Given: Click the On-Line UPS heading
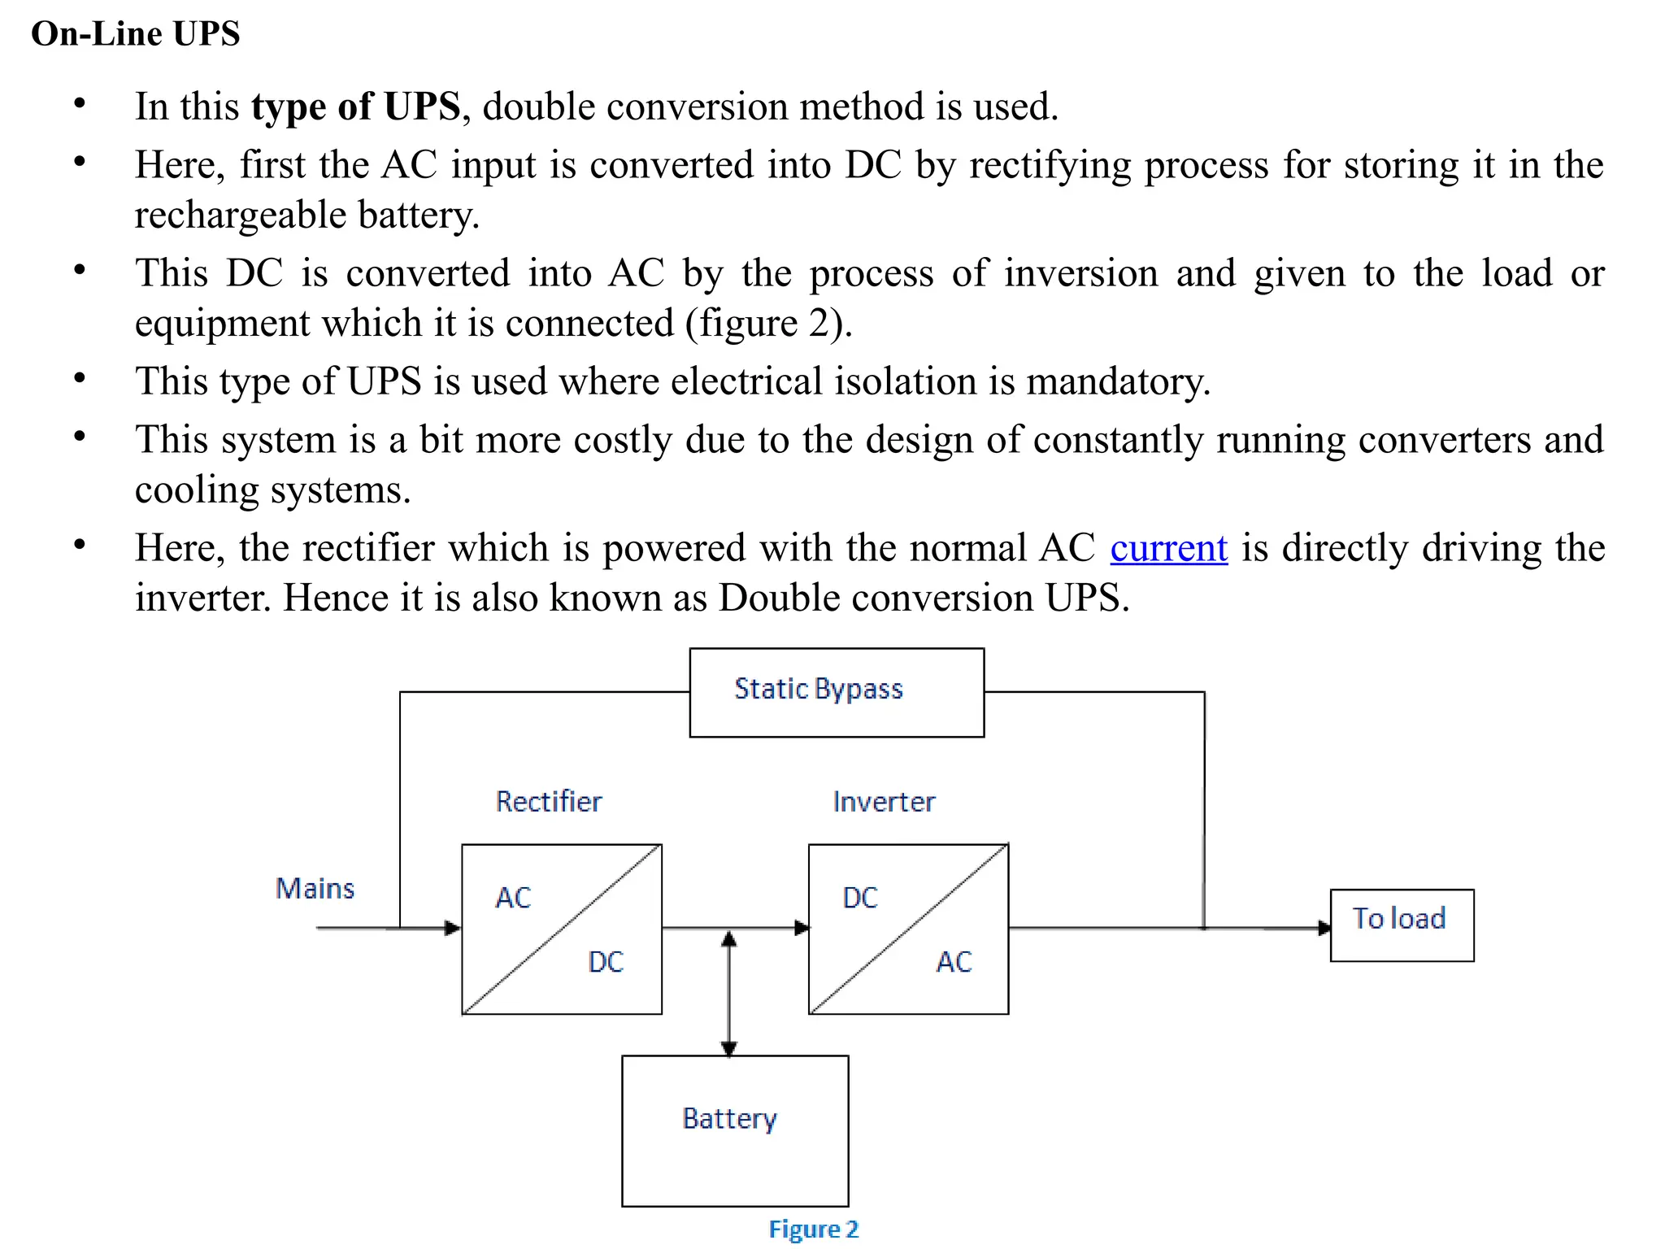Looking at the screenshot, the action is [135, 34].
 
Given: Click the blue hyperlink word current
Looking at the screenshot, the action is [1168, 548].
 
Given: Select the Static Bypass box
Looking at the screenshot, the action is [836, 692].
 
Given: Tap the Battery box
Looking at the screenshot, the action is [734, 1129].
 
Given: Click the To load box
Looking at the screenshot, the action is [1401, 925].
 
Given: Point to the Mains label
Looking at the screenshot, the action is [315, 888].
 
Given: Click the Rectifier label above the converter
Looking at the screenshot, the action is [549, 802].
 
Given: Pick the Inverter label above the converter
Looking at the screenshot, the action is [884, 802].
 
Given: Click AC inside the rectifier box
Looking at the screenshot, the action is [513, 898].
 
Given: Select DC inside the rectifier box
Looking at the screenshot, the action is [606, 962].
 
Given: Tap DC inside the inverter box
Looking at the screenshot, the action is [860, 898].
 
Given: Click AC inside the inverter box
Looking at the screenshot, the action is [954, 962].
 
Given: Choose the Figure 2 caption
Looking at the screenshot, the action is [813, 1229].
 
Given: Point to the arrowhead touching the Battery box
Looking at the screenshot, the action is [729, 1048].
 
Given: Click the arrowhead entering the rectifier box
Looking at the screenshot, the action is [453, 928].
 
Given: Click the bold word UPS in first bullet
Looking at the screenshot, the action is [422, 107].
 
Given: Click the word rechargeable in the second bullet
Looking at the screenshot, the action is [241, 215].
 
